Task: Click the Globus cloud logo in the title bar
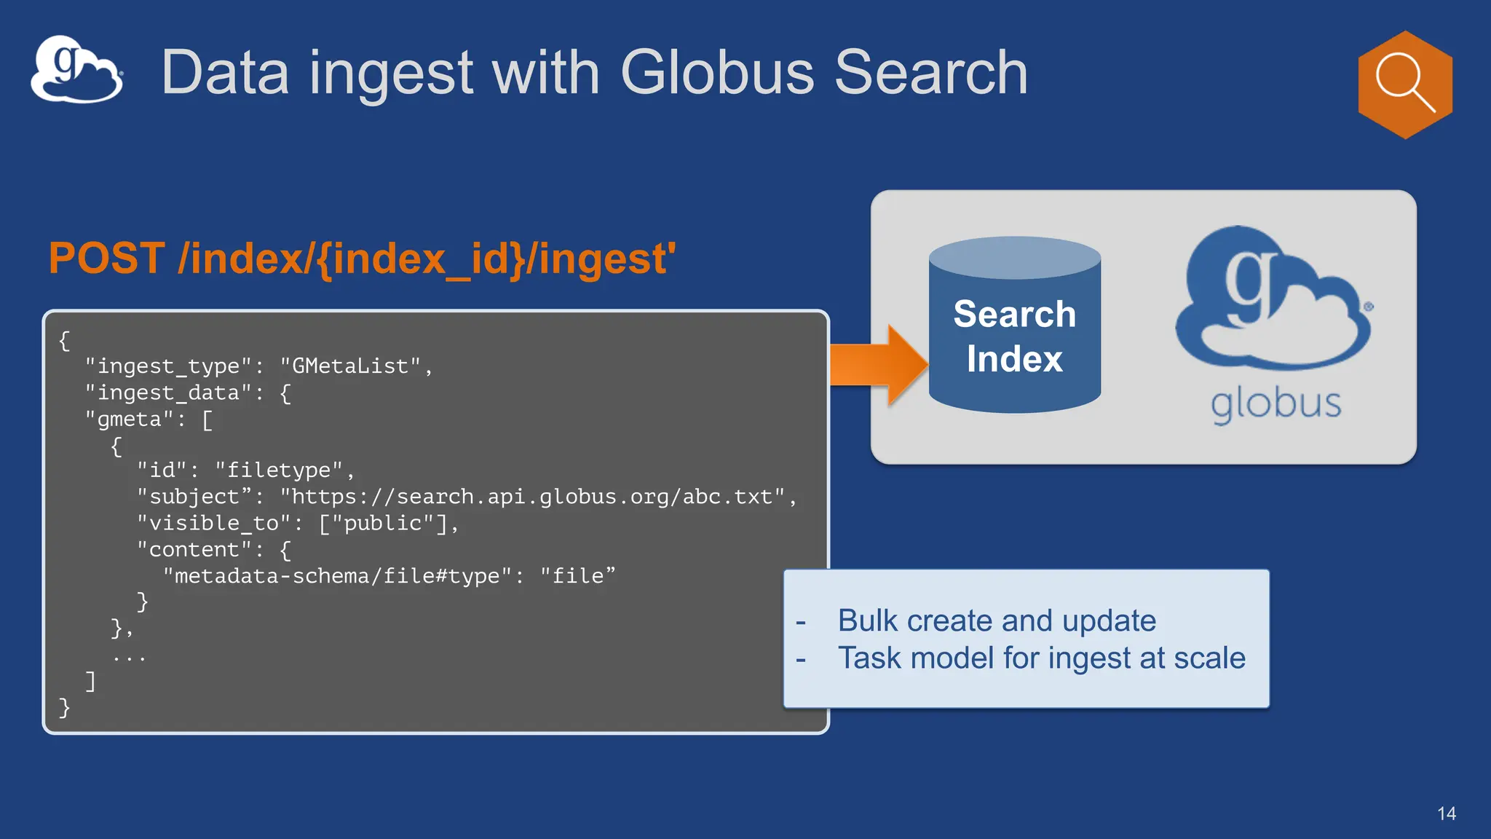76,70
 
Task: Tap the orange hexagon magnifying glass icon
1405,84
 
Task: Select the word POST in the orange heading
106,259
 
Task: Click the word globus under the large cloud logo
1276,404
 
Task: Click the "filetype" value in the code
278,470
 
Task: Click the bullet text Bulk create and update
996,621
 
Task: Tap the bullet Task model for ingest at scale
1041,658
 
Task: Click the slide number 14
1446,814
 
